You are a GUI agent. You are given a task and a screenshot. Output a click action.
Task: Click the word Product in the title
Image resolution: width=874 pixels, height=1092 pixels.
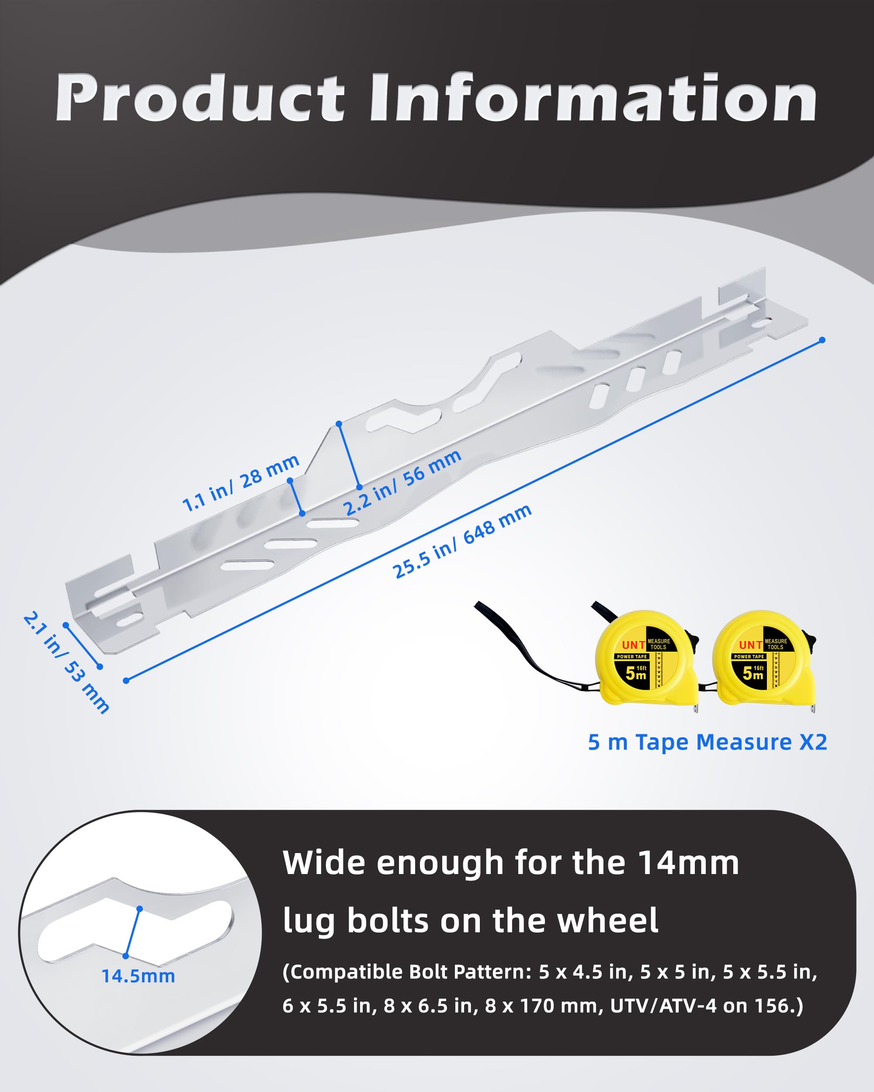click(200, 97)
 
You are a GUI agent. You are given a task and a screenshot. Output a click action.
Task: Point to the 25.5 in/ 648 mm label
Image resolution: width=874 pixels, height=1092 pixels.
click(462, 540)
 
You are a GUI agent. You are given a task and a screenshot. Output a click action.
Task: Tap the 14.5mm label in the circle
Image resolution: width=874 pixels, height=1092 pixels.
click(139, 976)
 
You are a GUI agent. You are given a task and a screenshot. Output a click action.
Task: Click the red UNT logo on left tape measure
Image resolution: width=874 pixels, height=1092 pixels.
click(633, 645)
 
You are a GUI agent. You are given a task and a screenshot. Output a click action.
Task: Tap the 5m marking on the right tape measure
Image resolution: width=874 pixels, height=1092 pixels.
click(753, 673)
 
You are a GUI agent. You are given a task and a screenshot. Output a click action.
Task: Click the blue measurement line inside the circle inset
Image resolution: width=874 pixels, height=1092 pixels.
click(133, 933)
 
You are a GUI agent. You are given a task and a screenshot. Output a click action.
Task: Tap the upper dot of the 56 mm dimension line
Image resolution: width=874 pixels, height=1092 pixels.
click(339, 423)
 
